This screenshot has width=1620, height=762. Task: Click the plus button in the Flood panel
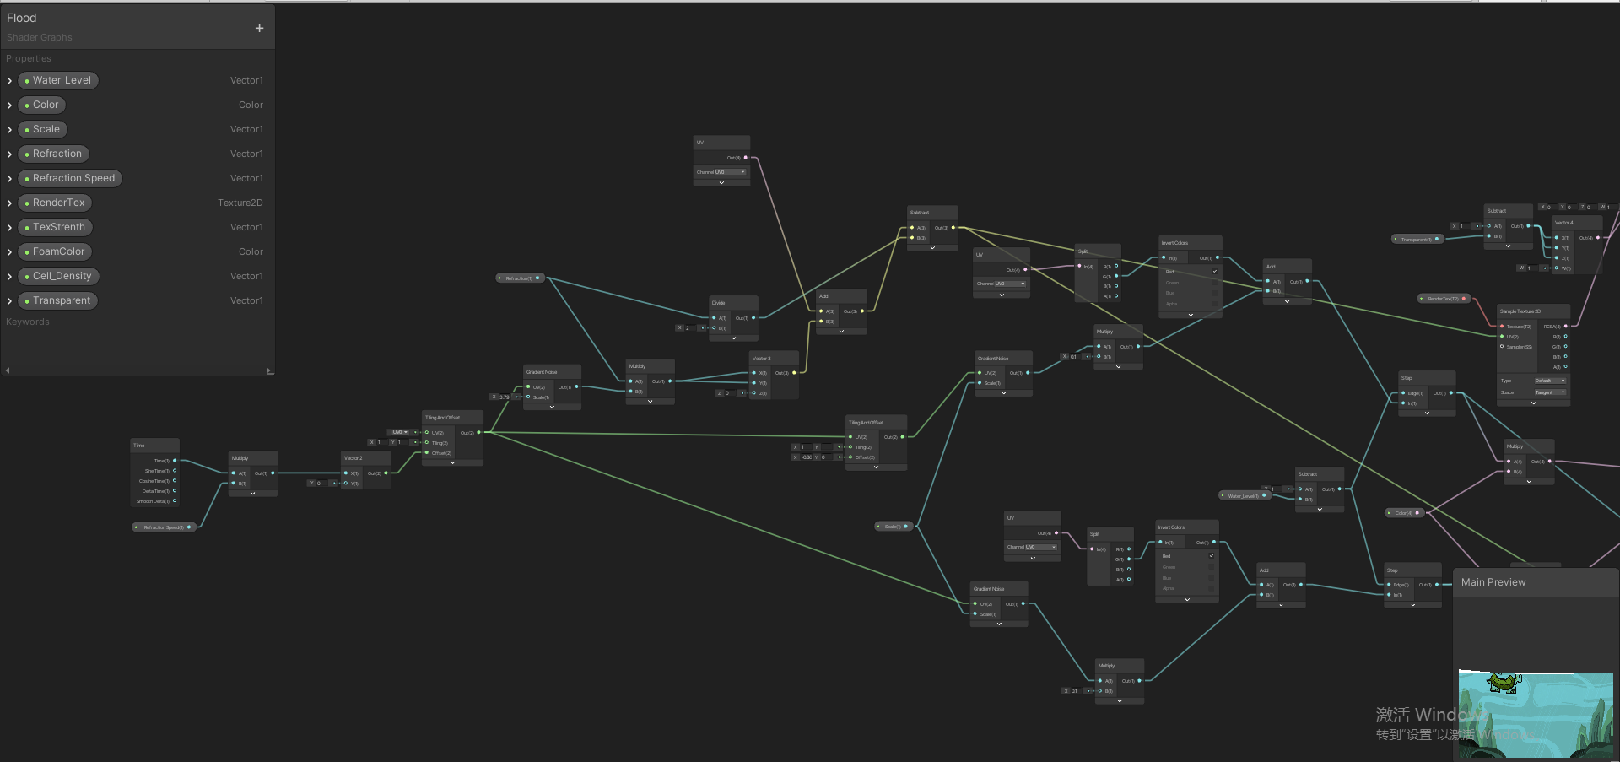point(259,28)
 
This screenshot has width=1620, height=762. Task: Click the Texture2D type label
point(240,203)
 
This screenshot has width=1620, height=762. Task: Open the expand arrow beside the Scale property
point(9,130)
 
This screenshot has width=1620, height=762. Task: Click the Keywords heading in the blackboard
point(28,322)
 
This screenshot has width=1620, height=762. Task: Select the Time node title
point(139,446)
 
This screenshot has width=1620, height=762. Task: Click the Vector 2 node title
point(354,458)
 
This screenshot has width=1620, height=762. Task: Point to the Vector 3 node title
point(761,359)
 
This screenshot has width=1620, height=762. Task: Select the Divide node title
point(719,303)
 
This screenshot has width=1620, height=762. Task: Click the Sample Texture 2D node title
point(1520,311)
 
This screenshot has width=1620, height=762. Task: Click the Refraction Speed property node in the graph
point(164,527)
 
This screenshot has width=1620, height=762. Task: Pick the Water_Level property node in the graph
point(1244,496)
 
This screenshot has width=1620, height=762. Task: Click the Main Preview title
point(1493,582)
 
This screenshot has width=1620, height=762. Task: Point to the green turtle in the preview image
point(1504,682)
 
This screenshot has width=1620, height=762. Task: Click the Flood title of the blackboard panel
point(22,18)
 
